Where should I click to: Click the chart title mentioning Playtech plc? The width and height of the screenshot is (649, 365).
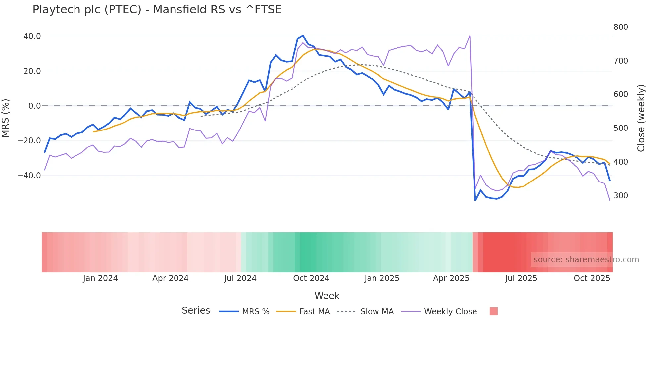click(157, 10)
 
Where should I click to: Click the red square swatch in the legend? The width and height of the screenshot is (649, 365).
click(493, 311)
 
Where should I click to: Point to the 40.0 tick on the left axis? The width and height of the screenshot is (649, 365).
click(32, 36)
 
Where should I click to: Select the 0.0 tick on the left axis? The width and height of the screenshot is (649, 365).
click(34, 106)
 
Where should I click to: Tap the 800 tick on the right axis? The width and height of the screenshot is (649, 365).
click(621, 27)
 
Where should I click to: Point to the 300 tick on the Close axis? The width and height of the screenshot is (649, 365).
click(621, 196)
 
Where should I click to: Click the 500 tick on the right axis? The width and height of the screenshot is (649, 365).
click(621, 128)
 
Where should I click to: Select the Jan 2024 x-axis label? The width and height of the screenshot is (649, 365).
click(100, 278)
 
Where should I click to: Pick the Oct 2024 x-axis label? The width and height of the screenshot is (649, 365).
click(311, 278)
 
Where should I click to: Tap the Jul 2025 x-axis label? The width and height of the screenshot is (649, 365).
click(521, 278)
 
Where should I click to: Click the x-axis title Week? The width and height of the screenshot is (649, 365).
click(327, 296)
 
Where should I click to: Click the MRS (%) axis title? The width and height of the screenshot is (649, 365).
click(6, 118)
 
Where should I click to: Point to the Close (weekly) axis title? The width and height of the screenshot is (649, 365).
click(641, 118)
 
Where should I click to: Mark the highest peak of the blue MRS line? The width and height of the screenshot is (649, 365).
click(303, 36)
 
